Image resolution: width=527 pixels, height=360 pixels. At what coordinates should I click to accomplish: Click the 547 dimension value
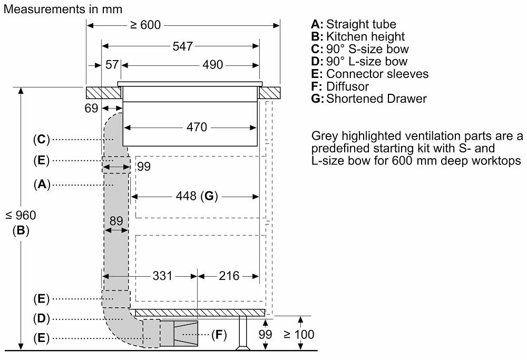[182, 46]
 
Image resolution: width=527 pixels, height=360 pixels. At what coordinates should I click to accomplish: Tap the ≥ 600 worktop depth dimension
[145, 25]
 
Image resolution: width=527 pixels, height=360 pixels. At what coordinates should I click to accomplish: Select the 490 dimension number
[212, 64]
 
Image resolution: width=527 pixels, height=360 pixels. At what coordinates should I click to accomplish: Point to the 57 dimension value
[112, 64]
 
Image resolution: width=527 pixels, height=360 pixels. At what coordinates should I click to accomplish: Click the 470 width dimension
[197, 127]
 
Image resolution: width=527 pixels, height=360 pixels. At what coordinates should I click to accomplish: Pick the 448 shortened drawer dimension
[186, 196]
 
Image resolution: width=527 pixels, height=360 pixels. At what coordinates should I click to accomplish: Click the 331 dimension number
[162, 276]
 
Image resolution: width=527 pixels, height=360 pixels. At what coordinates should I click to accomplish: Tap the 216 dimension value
[229, 276]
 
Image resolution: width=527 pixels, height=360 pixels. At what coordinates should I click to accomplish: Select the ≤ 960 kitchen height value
[21, 215]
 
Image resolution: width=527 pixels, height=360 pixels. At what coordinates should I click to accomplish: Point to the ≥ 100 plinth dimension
[299, 335]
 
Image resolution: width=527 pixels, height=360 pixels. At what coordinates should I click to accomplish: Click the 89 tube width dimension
[116, 221]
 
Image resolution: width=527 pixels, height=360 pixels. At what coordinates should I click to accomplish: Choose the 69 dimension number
[91, 108]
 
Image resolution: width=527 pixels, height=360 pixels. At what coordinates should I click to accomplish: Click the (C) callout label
[41, 139]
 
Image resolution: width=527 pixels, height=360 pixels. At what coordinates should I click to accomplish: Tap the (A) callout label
[42, 184]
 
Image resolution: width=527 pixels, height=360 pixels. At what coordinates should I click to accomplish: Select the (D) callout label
[41, 318]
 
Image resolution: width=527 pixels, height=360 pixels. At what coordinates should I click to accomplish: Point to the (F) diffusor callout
[219, 335]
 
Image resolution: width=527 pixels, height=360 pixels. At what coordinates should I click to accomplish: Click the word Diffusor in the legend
[347, 86]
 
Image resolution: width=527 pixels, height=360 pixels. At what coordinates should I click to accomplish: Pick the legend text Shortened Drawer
[376, 99]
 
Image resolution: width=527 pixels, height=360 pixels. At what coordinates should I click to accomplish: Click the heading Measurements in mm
[63, 9]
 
